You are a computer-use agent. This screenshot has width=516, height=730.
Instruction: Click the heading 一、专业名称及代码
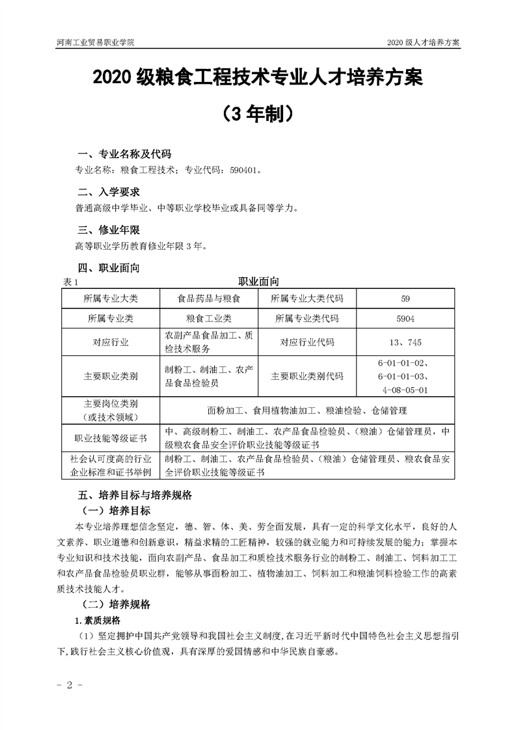(124, 154)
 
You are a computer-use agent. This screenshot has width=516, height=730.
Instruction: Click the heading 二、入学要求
(109, 192)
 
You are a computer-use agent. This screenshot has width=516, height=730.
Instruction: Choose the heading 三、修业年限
(109, 230)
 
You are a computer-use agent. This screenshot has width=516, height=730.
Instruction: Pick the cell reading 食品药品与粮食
(209, 299)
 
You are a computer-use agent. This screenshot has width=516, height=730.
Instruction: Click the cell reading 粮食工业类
(209, 319)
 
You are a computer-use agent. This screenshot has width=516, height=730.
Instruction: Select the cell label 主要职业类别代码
(306, 377)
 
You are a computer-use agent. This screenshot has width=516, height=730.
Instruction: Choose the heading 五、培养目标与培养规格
(135, 494)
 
